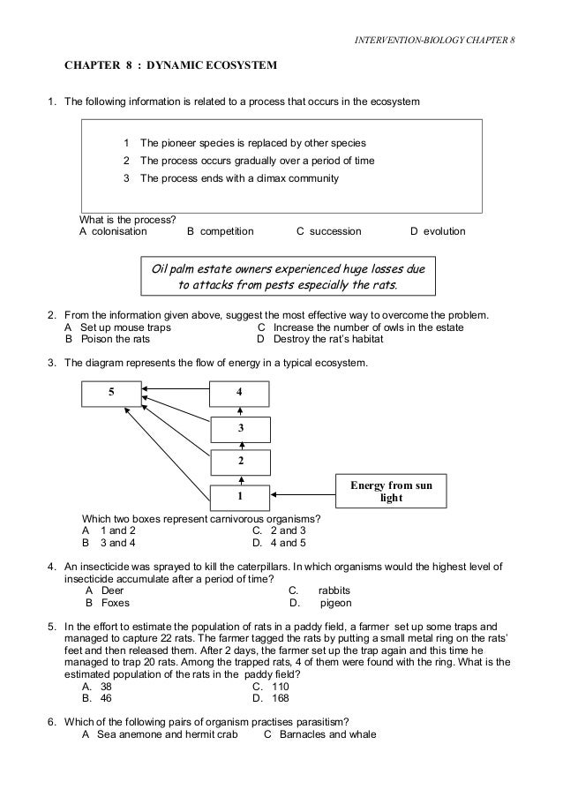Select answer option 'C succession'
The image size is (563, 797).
[328, 231]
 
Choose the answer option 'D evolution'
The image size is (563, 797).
[438, 231]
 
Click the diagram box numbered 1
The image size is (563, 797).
[239, 495]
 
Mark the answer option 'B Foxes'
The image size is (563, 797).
[108, 604]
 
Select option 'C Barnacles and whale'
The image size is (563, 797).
[321, 733]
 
